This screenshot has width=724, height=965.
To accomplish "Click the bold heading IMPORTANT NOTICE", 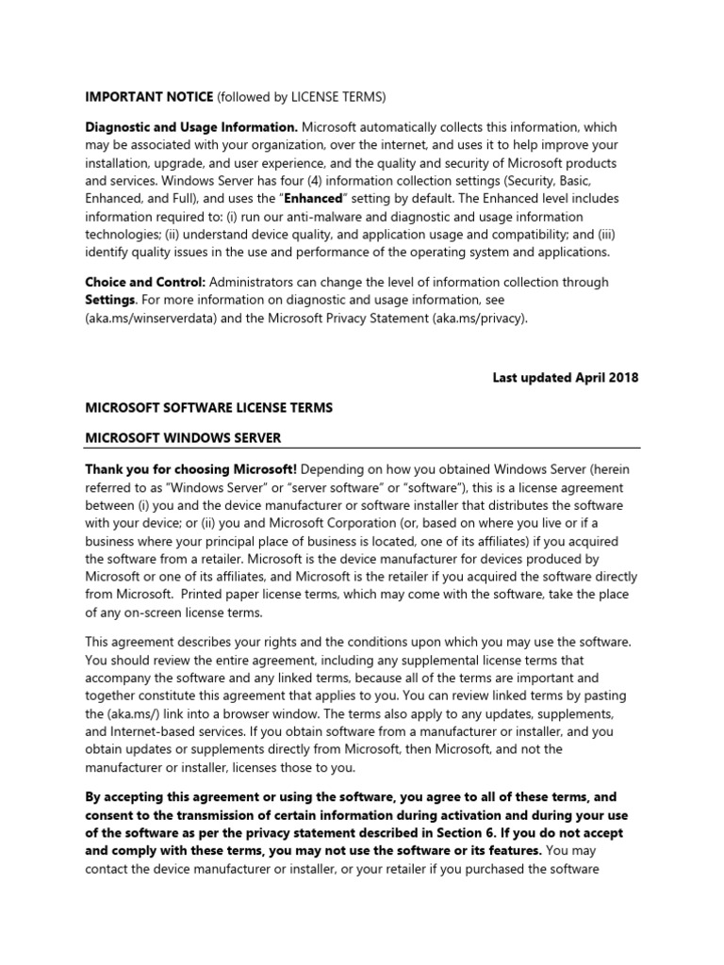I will [x=149, y=95].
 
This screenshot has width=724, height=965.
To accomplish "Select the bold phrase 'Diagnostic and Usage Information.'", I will [x=191, y=126].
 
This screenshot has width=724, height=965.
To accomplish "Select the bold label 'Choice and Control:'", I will [x=144, y=282].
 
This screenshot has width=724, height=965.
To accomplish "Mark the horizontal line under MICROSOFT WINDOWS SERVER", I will [x=363, y=449].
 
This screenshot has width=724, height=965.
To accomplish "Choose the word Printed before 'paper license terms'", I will [x=206, y=594].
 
